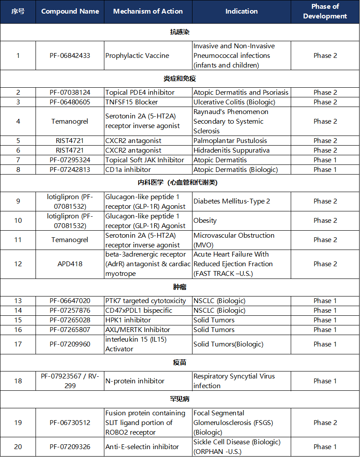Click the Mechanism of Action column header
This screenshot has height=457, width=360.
[148, 11]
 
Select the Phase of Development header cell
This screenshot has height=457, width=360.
[325, 11]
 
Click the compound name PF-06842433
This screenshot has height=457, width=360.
[70, 56]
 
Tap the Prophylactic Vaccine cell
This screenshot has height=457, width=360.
[137, 56]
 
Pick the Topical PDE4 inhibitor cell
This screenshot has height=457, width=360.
[140, 93]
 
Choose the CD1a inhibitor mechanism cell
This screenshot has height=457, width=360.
[128, 170]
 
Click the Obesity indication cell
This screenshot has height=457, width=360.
[205, 221]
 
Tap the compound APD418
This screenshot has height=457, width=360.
[70, 264]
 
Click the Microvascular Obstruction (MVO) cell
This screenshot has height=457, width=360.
[234, 240]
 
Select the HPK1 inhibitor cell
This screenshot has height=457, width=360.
[128, 320]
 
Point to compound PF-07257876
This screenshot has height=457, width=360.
[70, 311]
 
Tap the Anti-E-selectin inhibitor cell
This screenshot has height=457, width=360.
[142, 447]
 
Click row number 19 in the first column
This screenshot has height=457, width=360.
[18, 423]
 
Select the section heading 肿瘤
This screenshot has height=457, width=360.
[180, 287]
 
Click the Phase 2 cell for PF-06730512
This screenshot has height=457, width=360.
[325, 423]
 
